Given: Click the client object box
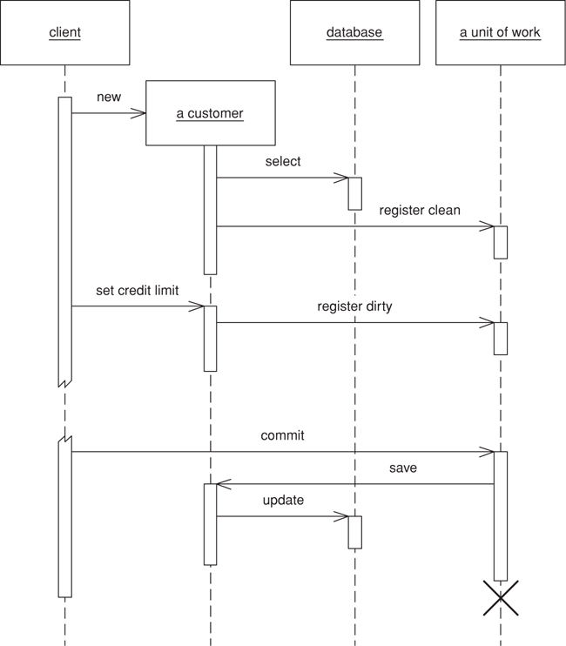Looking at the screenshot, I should point(64,33).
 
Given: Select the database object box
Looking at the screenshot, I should point(354,33).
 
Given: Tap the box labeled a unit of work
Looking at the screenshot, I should point(500,33).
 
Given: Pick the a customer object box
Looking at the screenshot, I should point(210,113).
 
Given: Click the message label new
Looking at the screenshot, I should point(109,98).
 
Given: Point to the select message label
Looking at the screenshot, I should point(283,162).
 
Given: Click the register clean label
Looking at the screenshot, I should point(420,211).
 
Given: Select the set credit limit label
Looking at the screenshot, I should point(136,291).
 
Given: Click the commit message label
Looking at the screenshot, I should point(282,435).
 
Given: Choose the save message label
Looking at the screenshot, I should point(402,468).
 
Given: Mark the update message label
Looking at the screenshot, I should point(283,501).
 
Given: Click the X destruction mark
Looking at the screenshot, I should point(501,599).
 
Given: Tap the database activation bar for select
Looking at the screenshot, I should point(354,193).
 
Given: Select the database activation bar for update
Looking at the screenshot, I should point(354,532).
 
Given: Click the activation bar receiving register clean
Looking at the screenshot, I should point(501,242).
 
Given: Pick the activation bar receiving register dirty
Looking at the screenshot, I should point(501,338).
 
